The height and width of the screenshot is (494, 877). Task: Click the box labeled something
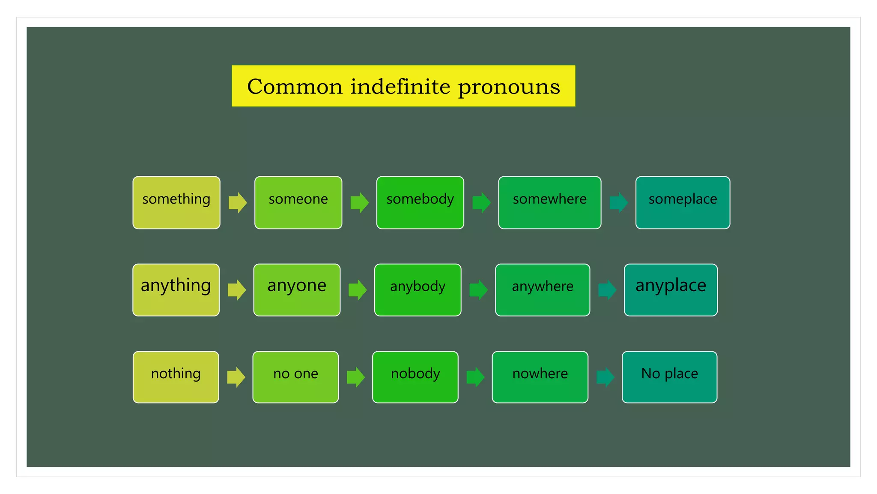tap(176, 202)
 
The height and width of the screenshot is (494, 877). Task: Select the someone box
tap(298, 202)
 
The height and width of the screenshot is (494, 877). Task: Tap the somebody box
tap(420, 202)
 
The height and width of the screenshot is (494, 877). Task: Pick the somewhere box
tap(549, 202)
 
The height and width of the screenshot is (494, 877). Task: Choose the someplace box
tap(683, 202)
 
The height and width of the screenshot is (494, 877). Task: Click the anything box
tap(176, 290)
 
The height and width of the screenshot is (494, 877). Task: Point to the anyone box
tap(297, 290)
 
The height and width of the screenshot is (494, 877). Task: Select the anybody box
tap(418, 290)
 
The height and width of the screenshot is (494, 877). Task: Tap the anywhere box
tap(542, 290)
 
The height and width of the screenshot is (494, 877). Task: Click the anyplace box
tap(671, 290)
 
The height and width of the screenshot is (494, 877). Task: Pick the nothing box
tap(176, 377)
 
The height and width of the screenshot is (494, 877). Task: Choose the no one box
tap(295, 377)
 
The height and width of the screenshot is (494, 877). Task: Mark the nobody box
tap(415, 377)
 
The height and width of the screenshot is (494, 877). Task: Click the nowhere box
tap(540, 377)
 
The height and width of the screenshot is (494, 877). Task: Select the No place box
tap(669, 377)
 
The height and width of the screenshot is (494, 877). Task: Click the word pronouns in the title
tap(509, 87)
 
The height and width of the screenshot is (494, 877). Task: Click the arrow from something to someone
tap(238, 202)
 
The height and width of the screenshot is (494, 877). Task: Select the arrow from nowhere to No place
tap(605, 377)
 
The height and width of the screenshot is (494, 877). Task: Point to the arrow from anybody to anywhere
tap(478, 290)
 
